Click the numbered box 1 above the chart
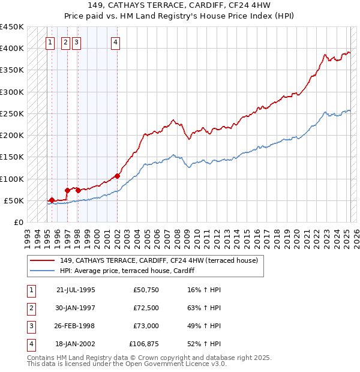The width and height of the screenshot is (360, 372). (50, 42)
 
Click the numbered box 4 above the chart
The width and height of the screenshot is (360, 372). (115, 42)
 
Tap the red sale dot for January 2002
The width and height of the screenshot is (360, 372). (117, 176)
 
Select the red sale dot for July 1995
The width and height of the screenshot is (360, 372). (52, 200)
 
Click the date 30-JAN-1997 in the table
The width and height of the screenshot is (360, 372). (75, 308)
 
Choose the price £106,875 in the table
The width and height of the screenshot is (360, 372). (143, 344)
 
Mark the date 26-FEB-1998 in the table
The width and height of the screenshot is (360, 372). (75, 326)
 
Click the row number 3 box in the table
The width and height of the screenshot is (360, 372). (30, 326)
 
